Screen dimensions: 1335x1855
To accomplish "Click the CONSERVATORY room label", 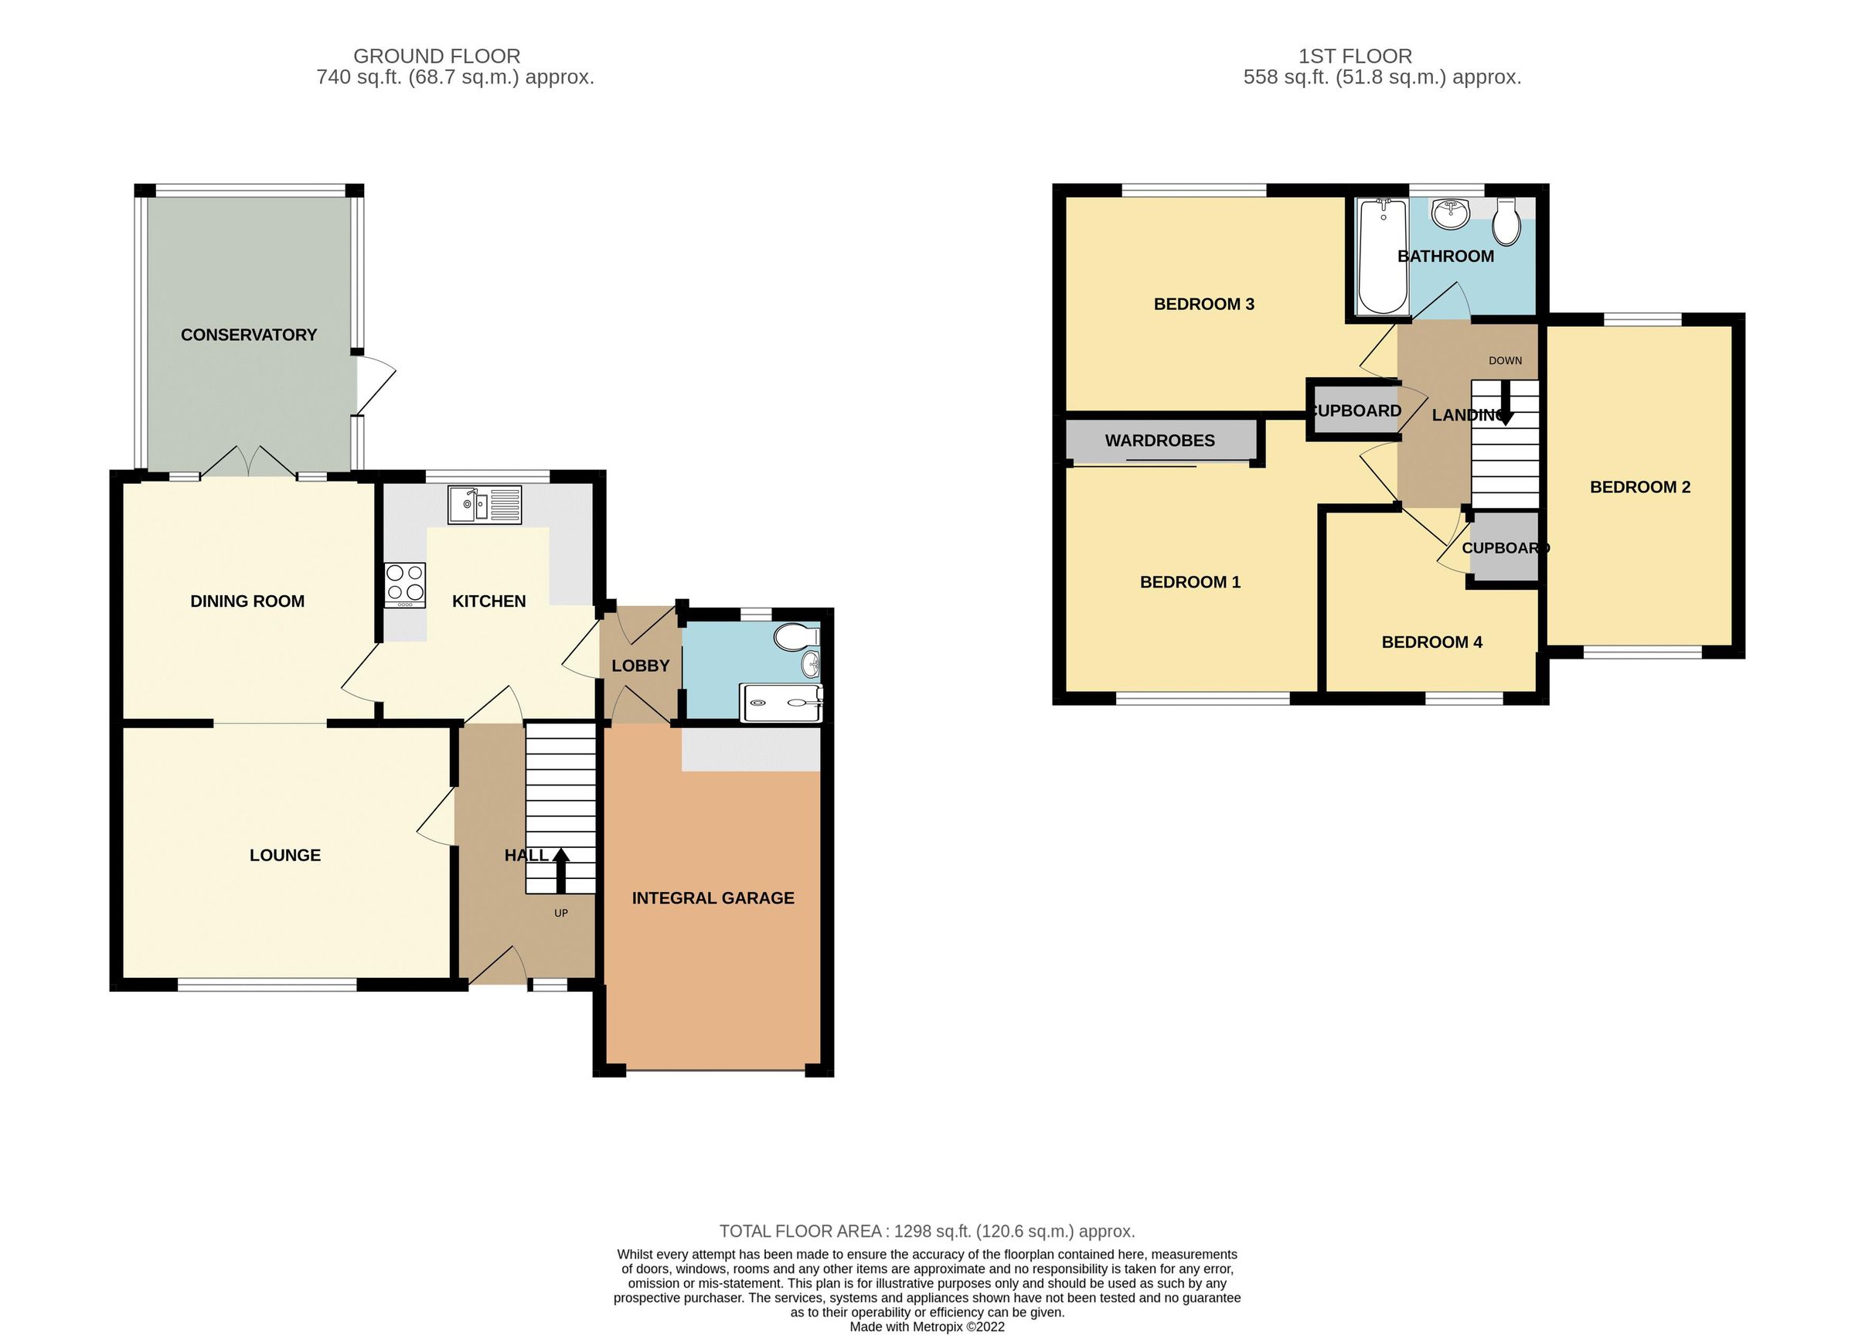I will click(x=248, y=335).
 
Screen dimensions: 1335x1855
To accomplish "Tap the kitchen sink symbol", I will click(x=484, y=505).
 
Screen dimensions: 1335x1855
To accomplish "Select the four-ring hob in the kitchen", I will click(x=405, y=584).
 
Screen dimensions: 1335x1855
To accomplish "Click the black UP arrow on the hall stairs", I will click(x=561, y=870).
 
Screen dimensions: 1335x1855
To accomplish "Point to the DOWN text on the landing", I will click(x=1505, y=360).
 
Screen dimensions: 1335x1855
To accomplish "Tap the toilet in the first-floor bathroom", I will click(x=1506, y=222).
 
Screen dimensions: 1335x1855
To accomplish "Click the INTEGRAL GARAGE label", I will click(x=713, y=898).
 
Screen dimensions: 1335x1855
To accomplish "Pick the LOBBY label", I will click(x=641, y=666).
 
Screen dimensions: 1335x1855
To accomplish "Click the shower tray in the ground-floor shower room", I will click(x=781, y=702).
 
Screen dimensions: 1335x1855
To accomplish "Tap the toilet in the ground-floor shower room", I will click(x=795, y=637).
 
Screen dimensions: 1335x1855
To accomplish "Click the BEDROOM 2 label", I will click(x=1639, y=488).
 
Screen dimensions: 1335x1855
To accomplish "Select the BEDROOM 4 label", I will click(x=1431, y=642).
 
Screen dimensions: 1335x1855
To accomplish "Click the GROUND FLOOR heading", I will click(x=436, y=56).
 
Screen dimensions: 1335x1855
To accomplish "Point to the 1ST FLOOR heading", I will click(x=1354, y=56).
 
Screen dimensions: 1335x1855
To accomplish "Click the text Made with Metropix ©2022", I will click(x=927, y=1326).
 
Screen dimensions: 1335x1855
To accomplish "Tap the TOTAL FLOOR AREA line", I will click(x=927, y=1231).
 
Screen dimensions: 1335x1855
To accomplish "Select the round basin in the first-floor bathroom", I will click(x=1451, y=215).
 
